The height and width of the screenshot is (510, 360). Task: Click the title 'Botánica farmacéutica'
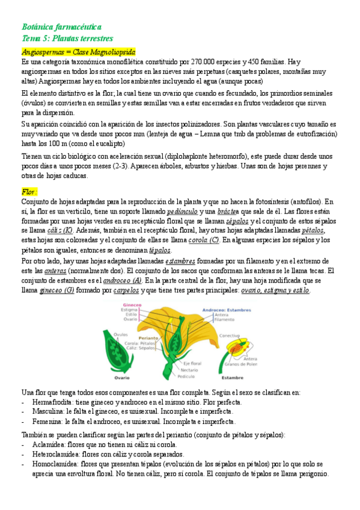pyautogui.click(x=61, y=27)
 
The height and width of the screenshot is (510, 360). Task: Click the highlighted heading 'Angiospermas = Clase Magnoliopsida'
pyautogui.click(x=78, y=52)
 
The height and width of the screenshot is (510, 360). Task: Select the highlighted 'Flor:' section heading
pyautogui.click(x=29, y=191)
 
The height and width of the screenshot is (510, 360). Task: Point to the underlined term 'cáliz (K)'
pyautogui.click(x=60, y=230)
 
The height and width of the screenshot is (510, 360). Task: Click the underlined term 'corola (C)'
pyautogui.click(x=204, y=241)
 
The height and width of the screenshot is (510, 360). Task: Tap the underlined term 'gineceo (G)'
pyautogui.click(x=56, y=290)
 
